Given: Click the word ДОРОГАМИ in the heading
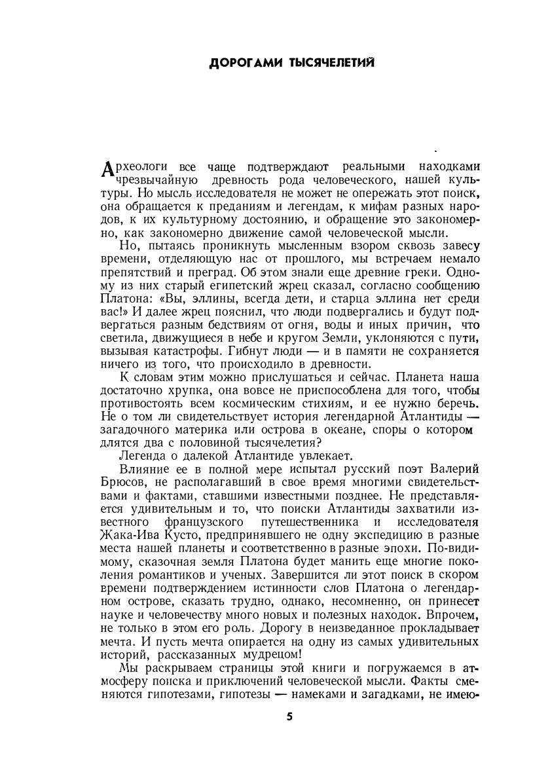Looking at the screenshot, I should [238, 63].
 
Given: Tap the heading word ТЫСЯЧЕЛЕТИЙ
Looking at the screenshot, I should [327, 63].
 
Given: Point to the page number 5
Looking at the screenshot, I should [289, 716].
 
